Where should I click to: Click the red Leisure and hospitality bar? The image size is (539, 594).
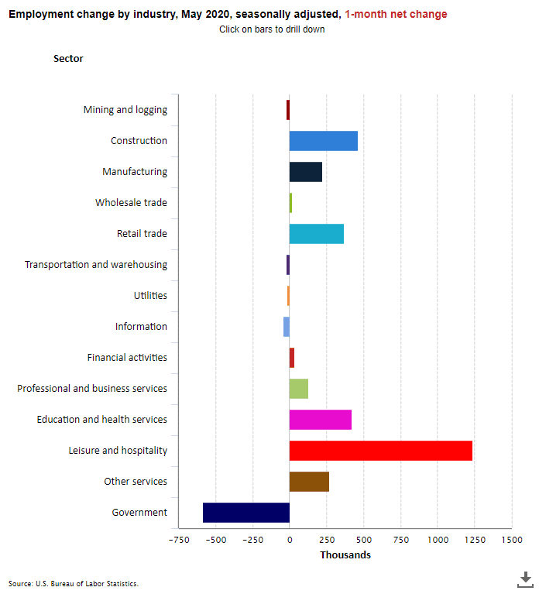[380, 451]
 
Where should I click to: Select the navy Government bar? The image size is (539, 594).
[246, 513]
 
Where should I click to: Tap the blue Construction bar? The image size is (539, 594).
[323, 141]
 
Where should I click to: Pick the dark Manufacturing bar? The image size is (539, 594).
[305, 172]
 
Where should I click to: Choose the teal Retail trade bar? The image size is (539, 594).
[316, 234]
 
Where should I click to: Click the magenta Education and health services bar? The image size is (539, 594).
[320, 420]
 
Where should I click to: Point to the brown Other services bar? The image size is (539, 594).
[309, 482]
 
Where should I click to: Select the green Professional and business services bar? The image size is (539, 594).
[298, 389]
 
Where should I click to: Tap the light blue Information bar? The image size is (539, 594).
[287, 327]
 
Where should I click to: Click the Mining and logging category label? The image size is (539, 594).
[125, 110]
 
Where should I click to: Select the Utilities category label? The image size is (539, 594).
[150, 296]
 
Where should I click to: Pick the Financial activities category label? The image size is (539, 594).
[127, 358]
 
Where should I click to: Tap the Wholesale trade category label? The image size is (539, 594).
[131, 203]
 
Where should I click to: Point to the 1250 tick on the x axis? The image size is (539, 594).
[474, 540]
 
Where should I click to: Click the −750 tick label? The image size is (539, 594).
[178, 540]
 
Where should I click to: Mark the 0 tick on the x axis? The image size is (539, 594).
[290, 540]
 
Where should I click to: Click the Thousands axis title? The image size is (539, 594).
[345, 555]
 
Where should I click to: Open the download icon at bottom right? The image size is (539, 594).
[525, 579]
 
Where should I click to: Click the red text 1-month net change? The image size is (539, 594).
[396, 14]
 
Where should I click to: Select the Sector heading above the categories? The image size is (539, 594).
[68, 59]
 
